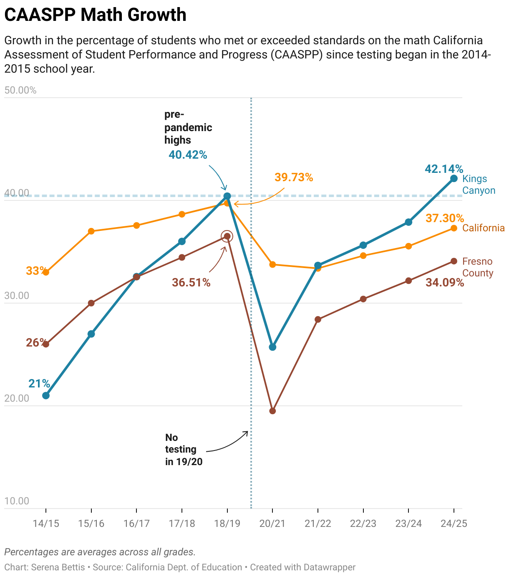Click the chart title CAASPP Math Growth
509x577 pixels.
pyautogui.click(x=95, y=15)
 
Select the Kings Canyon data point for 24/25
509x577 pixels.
pyautogui.click(x=454, y=179)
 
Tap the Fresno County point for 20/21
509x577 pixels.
pyautogui.click(x=272, y=411)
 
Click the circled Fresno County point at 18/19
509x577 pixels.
pyautogui.click(x=227, y=236)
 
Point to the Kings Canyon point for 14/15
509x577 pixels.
pyautogui.click(x=46, y=395)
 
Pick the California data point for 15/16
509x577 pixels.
pyautogui.click(x=91, y=231)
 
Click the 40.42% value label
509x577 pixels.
pyautogui.click(x=188, y=155)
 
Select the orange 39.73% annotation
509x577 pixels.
pyautogui.click(x=294, y=177)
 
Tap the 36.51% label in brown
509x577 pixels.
pyautogui.click(x=191, y=283)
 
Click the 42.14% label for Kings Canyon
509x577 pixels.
pyautogui.click(x=444, y=169)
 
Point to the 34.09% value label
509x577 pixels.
pyautogui.click(x=445, y=283)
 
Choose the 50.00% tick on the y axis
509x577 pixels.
pyautogui.click(x=20, y=90)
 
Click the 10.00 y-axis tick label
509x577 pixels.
pyautogui.click(x=17, y=501)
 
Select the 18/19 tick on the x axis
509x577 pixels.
pyautogui.click(x=227, y=524)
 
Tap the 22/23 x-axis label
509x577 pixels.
pyautogui.click(x=363, y=524)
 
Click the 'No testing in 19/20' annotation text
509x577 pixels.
pyautogui.click(x=184, y=450)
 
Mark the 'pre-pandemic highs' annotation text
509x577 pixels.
pyautogui.click(x=188, y=127)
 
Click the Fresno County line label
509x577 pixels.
pyautogui.click(x=478, y=267)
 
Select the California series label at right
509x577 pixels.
pyautogui.click(x=484, y=228)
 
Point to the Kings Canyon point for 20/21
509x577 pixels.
pyautogui.click(x=272, y=347)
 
